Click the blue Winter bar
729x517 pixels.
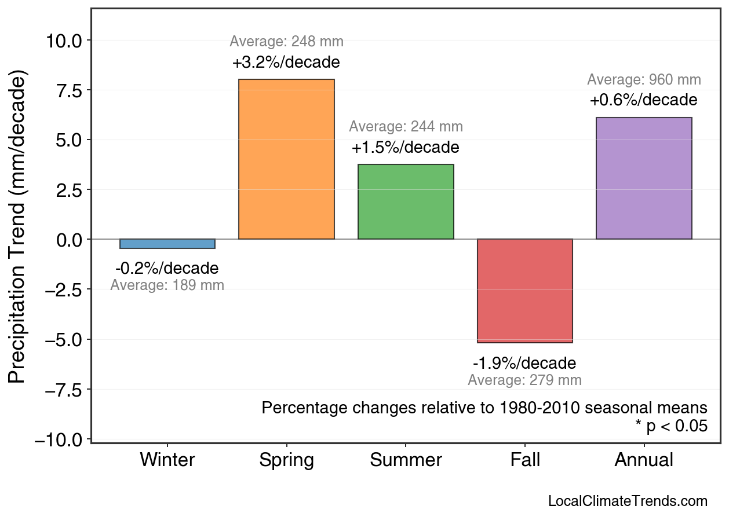pyautogui.click(x=167, y=244)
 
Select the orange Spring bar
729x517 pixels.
pyautogui.click(x=286, y=159)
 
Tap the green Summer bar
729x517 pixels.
pyautogui.click(x=406, y=201)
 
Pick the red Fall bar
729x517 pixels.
pyautogui.click(x=524, y=291)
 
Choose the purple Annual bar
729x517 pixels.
pyautogui.click(x=644, y=178)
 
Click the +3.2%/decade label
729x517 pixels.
pyautogui.click(x=286, y=63)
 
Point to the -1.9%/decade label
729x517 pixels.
pyautogui.click(x=524, y=364)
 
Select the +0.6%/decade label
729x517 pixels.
pyautogui.click(x=644, y=100)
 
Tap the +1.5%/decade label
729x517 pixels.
pyautogui.click(x=406, y=148)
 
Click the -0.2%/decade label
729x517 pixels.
pyautogui.click(x=167, y=269)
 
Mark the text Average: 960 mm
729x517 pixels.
pyautogui.click(x=644, y=80)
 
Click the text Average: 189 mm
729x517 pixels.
pyautogui.click(x=167, y=285)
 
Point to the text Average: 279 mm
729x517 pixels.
pyautogui.click(x=524, y=380)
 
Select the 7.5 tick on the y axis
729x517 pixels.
pyautogui.click(x=70, y=90)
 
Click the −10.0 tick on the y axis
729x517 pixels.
pyautogui.click(x=63, y=439)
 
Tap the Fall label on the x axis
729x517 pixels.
pyautogui.click(x=524, y=460)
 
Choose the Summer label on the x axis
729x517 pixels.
pyautogui.click(x=406, y=460)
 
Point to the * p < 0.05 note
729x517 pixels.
pyautogui.click(x=671, y=426)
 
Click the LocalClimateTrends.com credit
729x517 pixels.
pyautogui.click(x=628, y=501)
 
